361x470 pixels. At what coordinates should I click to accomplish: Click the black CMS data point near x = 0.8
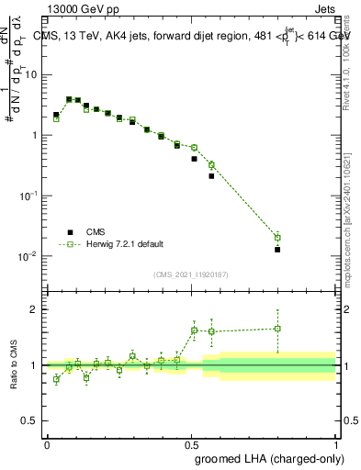coord(277,249)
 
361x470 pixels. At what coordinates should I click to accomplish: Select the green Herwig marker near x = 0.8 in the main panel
coord(277,237)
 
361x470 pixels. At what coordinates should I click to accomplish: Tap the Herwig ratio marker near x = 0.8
coord(277,328)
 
